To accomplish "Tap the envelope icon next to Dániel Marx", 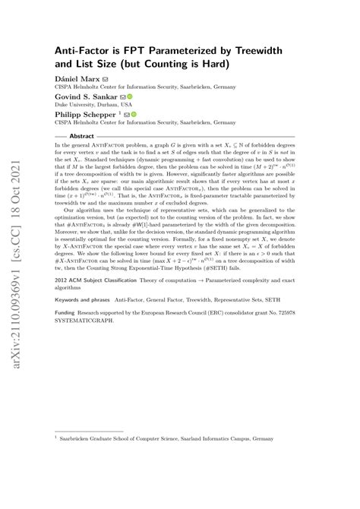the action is click(x=106, y=77).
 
